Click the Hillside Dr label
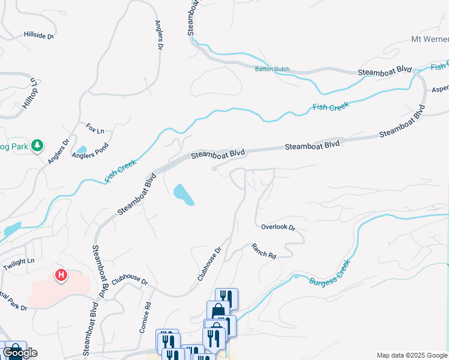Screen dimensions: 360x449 pyautogui.click(x=39, y=36)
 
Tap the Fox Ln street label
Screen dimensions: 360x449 pyautogui.click(x=95, y=128)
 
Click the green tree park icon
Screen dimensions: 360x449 pyautogui.click(x=37, y=145)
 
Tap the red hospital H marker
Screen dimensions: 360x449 pyautogui.click(x=61, y=275)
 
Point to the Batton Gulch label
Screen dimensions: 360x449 pyautogui.click(x=273, y=69)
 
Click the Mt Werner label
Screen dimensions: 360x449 pyautogui.click(x=429, y=40)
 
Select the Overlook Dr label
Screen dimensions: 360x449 pyautogui.click(x=279, y=227)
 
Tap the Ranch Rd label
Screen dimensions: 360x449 pyautogui.click(x=263, y=251)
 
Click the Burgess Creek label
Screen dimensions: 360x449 pyautogui.click(x=330, y=273)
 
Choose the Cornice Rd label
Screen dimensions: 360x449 pyautogui.click(x=143, y=317)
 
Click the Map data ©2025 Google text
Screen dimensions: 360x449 pyautogui.click(x=412, y=356)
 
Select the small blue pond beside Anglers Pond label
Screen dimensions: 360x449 pyautogui.click(x=82, y=149)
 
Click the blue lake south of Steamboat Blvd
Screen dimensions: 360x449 pyautogui.click(x=184, y=195)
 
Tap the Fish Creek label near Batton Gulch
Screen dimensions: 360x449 pyautogui.click(x=330, y=107)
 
